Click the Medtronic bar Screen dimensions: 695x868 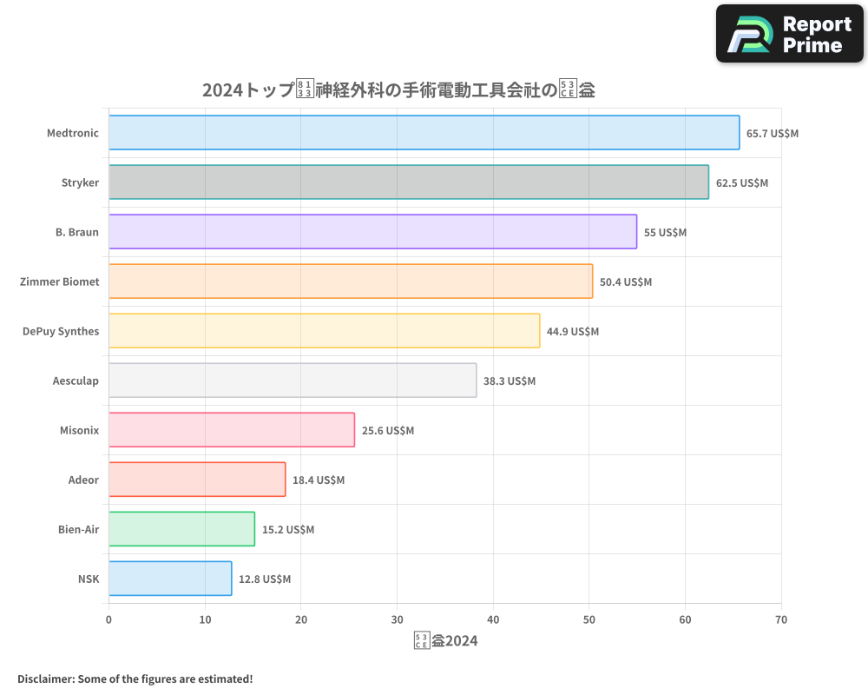point(424,133)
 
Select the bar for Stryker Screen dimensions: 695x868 point(408,182)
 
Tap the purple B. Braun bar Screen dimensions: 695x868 point(372,232)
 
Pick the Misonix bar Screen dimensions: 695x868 point(232,430)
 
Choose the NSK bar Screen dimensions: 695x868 point(170,579)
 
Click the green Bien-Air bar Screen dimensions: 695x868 point(181,529)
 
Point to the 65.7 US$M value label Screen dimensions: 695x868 point(773,134)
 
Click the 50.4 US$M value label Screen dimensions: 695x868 point(626,282)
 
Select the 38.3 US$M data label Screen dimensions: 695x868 point(510,381)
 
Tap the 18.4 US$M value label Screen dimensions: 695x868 point(319,480)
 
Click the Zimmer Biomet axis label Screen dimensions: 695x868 point(59,281)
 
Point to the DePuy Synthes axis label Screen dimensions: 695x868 point(61,331)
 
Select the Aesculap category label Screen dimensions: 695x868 point(76,381)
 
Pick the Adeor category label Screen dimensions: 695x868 point(83,480)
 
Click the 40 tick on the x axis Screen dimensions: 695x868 point(493,619)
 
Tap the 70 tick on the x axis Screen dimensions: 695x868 point(781,619)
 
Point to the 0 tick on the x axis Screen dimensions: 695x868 point(108,619)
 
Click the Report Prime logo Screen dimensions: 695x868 point(790,34)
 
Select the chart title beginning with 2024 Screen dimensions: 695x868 point(398,89)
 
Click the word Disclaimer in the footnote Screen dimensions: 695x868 point(44,678)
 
